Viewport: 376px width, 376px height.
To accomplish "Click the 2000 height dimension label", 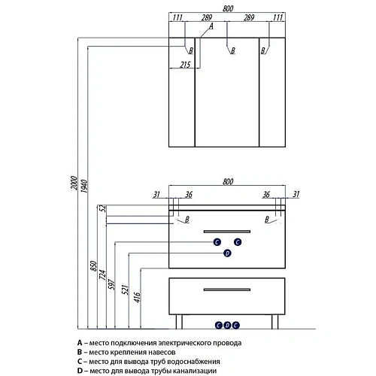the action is [74, 183].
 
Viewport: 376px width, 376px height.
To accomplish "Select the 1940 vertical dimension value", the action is [84, 186].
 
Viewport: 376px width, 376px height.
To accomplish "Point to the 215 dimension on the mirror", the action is [185, 65].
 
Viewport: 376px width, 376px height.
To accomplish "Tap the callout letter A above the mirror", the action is [211, 26].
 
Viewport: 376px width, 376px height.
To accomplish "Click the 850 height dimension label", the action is [93, 266].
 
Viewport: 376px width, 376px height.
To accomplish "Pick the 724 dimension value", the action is [103, 275].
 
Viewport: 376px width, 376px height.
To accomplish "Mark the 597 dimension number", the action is [112, 284].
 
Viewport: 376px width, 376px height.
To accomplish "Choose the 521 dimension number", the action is [125, 290].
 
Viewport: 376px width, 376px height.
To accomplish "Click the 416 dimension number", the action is [137, 297].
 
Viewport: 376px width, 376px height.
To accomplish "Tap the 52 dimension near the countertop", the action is [103, 208].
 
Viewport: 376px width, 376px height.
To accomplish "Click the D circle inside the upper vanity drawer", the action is [227, 253].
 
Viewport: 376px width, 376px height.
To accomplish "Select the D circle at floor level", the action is [227, 326].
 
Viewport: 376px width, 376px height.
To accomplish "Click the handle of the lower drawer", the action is [227, 290].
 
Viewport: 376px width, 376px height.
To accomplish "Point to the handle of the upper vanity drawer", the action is [227, 232].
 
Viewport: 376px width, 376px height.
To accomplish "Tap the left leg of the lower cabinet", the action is [179, 322].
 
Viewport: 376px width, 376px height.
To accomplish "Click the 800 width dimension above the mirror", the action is [228, 8].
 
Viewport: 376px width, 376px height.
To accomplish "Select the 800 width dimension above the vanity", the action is [228, 181].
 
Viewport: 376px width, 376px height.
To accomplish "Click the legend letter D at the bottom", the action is [80, 371].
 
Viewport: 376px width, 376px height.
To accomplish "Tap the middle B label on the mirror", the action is [233, 50].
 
